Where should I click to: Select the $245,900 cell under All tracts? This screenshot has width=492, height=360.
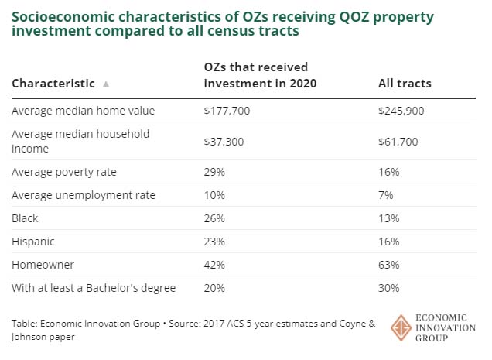(399, 111)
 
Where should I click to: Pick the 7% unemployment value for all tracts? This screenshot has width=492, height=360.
(386, 194)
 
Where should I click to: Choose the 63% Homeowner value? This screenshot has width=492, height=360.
(388, 265)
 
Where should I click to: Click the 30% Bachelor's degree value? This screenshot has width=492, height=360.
(388, 288)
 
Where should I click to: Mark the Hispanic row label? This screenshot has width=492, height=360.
(33, 242)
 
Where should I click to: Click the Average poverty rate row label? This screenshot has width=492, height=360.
(63, 171)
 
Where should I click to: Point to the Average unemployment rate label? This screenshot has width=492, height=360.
(83, 194)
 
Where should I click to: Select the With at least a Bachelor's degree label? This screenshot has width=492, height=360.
(94, 288)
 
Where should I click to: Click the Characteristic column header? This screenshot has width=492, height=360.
(53, 83)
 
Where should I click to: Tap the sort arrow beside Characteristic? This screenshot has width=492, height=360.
(106, 84)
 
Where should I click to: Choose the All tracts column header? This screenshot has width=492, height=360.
(403, 83)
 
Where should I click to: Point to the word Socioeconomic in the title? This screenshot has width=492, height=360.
(53, 16)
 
